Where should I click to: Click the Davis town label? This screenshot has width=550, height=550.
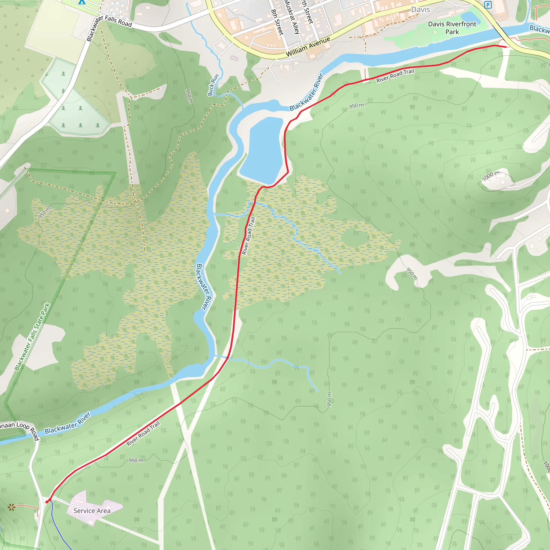[x=421, y=10]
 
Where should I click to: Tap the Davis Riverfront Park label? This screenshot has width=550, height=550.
[x=452, y=28]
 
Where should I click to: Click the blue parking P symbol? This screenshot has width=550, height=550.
[x=488, y=5]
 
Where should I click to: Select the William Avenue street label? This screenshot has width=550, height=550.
[x=308, y=47]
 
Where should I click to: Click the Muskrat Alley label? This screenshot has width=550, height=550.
[x=292, y=17]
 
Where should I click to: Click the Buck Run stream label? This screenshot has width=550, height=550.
[x=213, y=85]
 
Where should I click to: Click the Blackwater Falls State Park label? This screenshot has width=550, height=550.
[x=32, y=337]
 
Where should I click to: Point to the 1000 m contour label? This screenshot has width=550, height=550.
[x=490, y=176]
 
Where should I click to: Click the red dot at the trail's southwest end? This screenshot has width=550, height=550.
[x=47, y=502]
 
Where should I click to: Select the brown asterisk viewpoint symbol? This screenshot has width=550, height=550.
[x=11, y=507]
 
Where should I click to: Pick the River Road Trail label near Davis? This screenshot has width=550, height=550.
[x=395, y=76]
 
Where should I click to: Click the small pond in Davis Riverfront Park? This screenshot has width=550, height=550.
[x=470, y=18]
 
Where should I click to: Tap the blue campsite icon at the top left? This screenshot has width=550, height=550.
[x=82, y=2]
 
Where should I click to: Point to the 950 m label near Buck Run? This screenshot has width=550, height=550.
[x=189, y=96]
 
